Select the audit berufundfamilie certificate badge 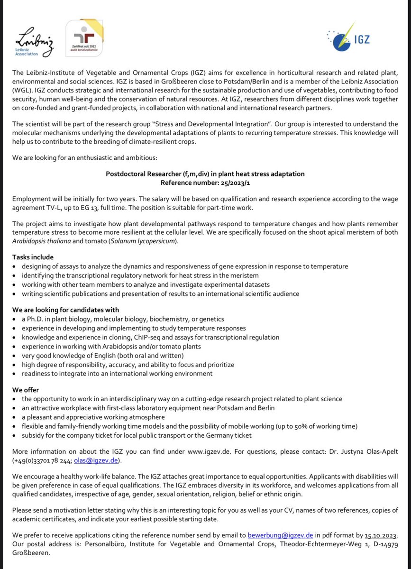click(x=84, y=38)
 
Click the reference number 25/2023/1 click(x=227, y=182)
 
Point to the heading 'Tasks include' click(x=33, y=257)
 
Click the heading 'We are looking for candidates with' click(x=65, y=310)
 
